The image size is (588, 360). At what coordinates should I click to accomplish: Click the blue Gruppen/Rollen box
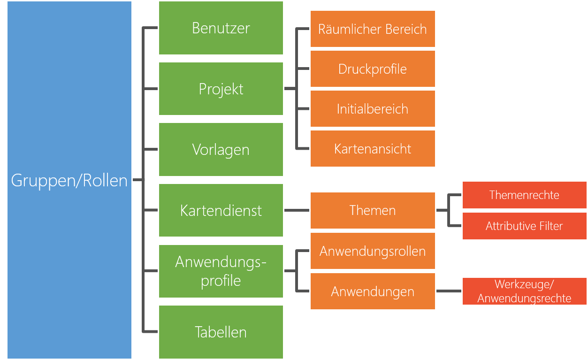(x=69, y=180)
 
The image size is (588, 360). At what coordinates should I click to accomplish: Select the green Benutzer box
(x=221, y=28)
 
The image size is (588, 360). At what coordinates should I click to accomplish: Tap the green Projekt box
(x=221, y=89)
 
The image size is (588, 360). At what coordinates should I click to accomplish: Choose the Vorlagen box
(x=221, y=150)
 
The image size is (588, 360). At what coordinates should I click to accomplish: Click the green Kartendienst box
(x=221, y=210)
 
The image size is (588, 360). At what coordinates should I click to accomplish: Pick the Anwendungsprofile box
(x=221, y=271)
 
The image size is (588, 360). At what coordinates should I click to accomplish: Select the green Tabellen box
(x=221, y=332)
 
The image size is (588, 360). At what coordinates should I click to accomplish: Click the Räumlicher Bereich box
(x=373, y=29)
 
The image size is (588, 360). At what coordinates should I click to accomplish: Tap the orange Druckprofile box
(x=373, y=69)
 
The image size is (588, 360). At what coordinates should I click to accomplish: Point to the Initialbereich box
(x=373, y=109)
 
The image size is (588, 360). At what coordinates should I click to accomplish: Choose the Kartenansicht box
(x=373, y=149)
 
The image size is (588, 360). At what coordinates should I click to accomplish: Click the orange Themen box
(x=373, y=210)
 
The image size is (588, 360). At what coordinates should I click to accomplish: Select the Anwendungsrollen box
(x=373, y=251)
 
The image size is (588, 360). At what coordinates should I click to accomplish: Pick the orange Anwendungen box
(x=373, y=291)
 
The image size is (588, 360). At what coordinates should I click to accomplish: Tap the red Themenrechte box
(x=524, y=195)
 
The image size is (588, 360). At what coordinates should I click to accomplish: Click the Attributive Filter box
(x=524, y=226)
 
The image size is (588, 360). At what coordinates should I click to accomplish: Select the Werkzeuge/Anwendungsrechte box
(x=524, y=291)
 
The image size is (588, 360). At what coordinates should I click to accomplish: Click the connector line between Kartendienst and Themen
(x=297, y=211)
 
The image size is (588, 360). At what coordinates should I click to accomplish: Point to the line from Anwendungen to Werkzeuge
(x=449, y=291)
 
